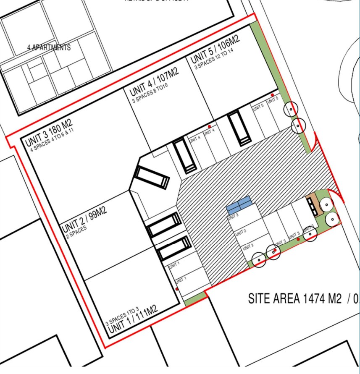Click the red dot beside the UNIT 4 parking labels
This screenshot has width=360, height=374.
209,126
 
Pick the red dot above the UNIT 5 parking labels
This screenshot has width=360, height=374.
272,95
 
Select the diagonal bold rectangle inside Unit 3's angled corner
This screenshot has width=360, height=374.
152,177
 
